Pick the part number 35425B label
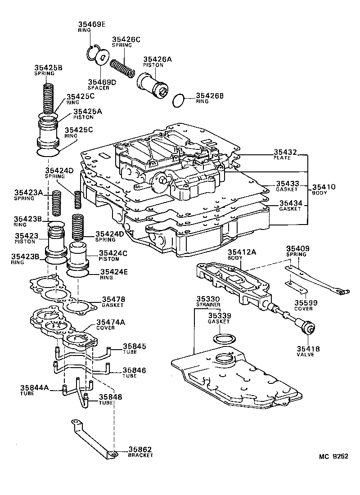(48, 68)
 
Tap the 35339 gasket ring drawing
(223, 339)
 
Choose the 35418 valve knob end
(308, 329)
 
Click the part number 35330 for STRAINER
(207, 299)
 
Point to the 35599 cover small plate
(291, 285)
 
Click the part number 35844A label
(34, 387)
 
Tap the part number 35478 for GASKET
(113, 299)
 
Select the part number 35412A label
(242, 252)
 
